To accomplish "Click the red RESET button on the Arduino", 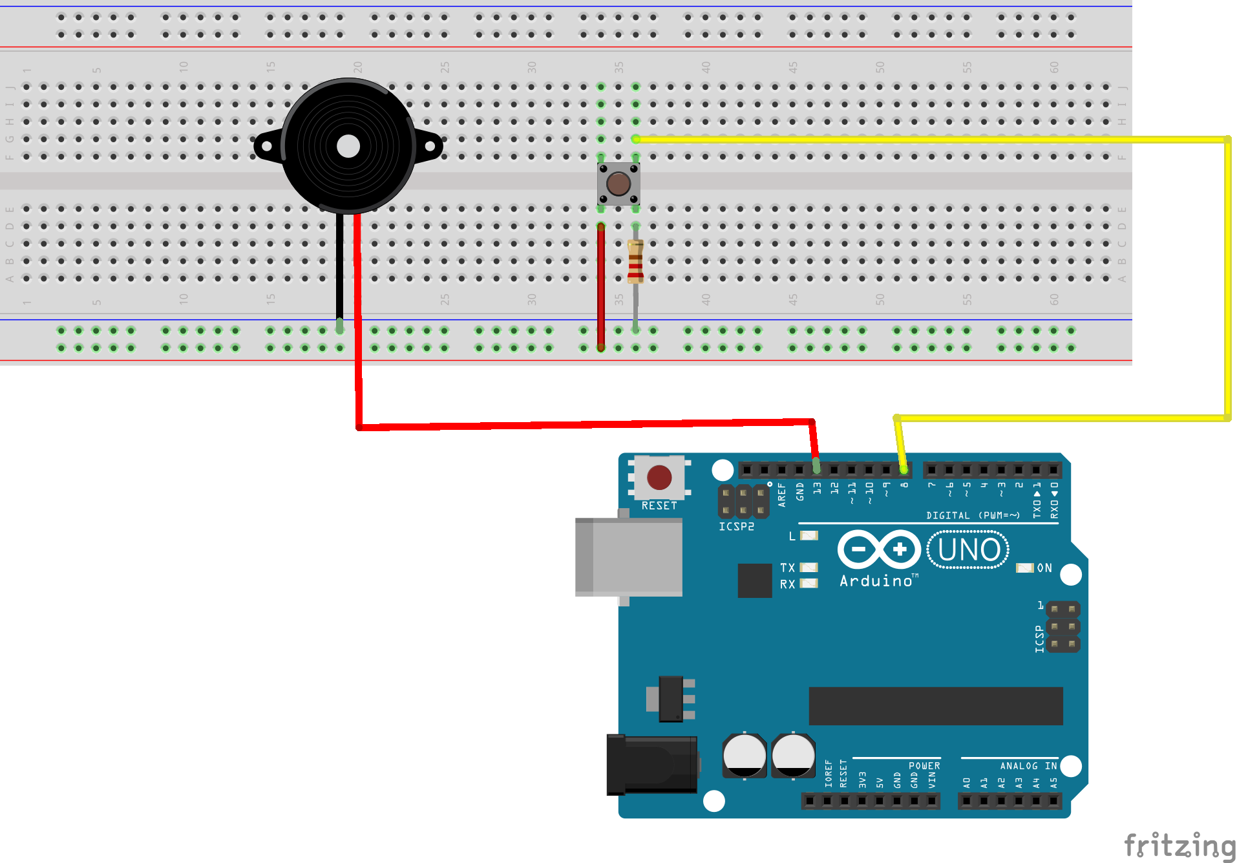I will pyautogui.click(x=659, y=478).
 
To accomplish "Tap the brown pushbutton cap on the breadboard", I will pyautogui.click(x=618, y=184).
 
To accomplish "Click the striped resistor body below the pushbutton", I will pyautogui.click(x=635, y=261).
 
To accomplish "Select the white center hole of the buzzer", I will pyautogui.click(x=348, y=146).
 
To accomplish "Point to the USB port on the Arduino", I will pyautogui.click(x=628, y=557).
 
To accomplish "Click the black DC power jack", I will pyautogui.click(x=651, y=765).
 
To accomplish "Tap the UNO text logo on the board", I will pyautogui.click(x=968, y=550).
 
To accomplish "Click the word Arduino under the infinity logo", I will pyautogui.click(x=876, y=581).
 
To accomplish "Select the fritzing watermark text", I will pyautogui.click(x=1179, y=846).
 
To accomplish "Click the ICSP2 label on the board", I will pyautogui.click(x=736, y=527).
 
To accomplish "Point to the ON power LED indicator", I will pyautogui.click(x=1024, y=568).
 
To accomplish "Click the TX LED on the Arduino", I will pyautogui.click(x=809, y=568).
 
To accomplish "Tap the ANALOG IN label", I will pyautogui.click(x=1028, y=766).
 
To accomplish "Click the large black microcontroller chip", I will pyautogui.click(x=935, y=706).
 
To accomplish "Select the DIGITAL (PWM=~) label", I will pyautogui.click(x=973, y=515).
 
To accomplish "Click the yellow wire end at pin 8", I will pyautogui.click(x=903, y=467).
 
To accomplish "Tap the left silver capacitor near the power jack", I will pyautogui.click(x=744, y=755).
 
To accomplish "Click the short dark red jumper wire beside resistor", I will pyautogui.click(x=601, y=284).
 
